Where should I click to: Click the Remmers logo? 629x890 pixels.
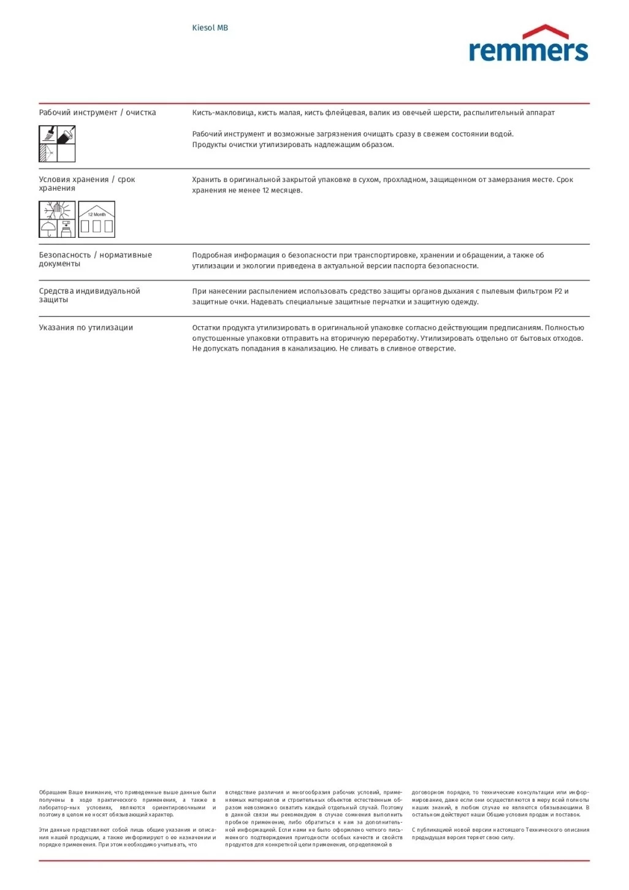528,44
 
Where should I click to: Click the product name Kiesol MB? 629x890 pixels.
210,28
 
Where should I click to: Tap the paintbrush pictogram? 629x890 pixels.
48,134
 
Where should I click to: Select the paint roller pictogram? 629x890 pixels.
66,134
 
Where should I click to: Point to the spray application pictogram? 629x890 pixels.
48,153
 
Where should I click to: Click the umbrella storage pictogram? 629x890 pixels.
48,229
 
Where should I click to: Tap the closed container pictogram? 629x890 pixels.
67,229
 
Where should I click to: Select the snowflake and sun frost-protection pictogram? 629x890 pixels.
58,211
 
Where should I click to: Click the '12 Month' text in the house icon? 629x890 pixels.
96,215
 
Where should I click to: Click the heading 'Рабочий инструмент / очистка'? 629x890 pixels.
97,113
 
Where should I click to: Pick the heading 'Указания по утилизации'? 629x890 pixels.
86,328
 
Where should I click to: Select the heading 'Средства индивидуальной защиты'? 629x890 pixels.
89,295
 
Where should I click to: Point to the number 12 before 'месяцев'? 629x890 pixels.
266,191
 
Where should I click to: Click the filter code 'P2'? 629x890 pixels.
558,292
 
